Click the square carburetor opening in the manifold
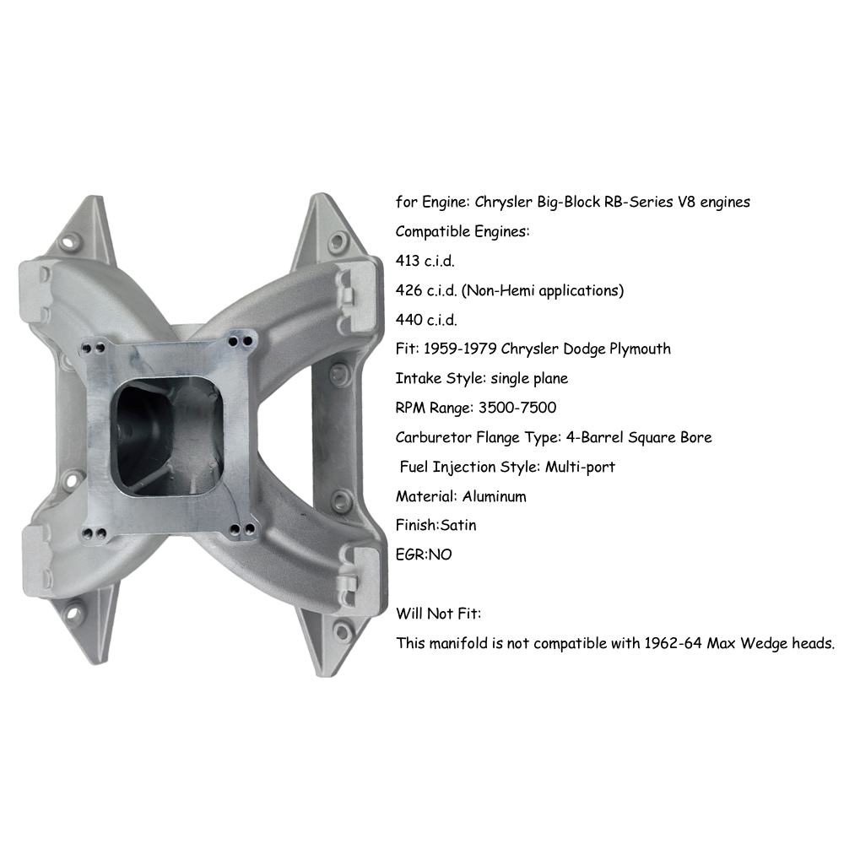pos(168,439)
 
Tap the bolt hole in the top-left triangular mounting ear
pos(69,241)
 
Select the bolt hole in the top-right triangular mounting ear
pos(338,240)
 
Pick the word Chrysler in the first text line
pos(503,203)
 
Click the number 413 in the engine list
pos(408,261)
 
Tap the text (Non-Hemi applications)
pos(543,290)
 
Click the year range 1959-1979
pos(460,349)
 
